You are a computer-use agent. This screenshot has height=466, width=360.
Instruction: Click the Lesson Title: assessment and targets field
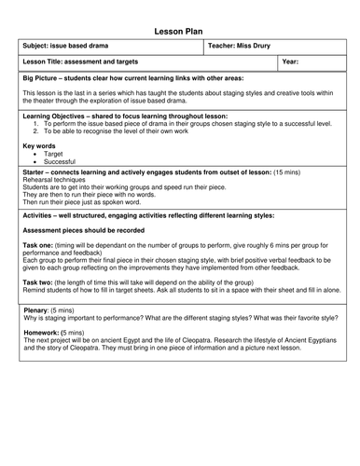point(87,62)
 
